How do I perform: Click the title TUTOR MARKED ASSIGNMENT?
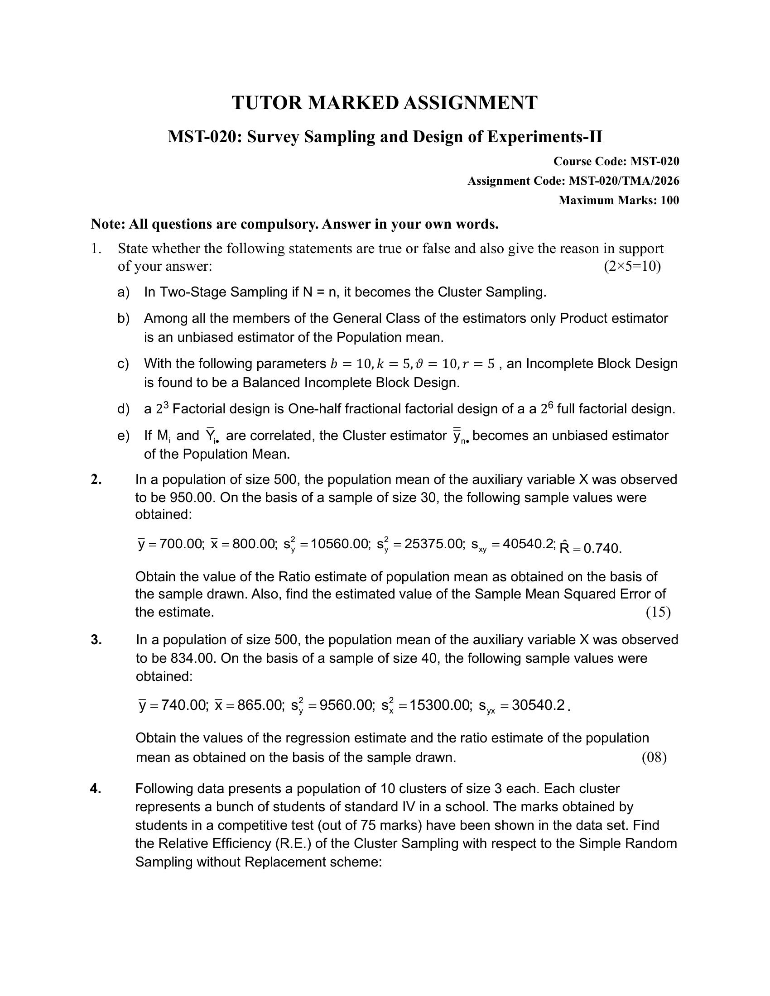pyautogui.click(x=385, y=103)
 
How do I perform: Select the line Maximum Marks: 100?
pyautogui.click(x=619, y=200)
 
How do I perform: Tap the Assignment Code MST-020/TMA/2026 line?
pyautogui.click(x=573, y=181)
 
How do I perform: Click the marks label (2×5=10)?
pyautogui.click(x=632, y=266)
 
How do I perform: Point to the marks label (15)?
pyautogui.click(x=658, y=612)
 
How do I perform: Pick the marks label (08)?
pyautogui.click(x=654, y=757)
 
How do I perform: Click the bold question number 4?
pyautogui.click(x=95, y=789)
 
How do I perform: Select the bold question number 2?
pyautogui.click(x=96, y=479)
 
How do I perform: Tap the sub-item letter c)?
pyautogui.click(x=123, y=364)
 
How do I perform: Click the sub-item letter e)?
pyautogui.click(x=123, y=436)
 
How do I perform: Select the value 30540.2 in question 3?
pyautogui.click(x=538, y=705)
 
